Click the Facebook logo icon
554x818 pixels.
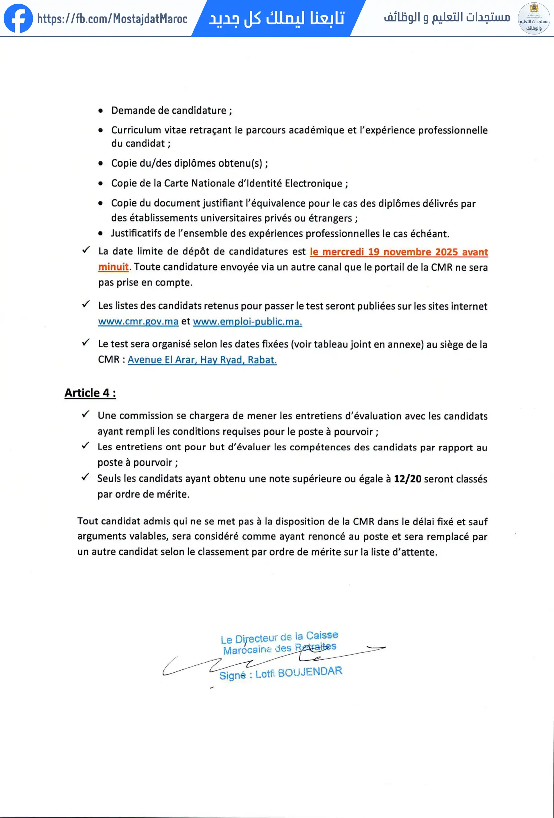pyautogui.click(x=18, y=18)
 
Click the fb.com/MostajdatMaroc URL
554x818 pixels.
pyautogui.click(x=112, y=18)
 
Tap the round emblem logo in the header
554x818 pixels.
pyautogui.click(x=533, y=18)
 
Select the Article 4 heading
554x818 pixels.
pyautogui.click(x=90, y=393)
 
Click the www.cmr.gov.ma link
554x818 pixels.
pyautogui.click(x=138, y=321)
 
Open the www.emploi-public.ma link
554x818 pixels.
pyautogui.click(x=247, y=321)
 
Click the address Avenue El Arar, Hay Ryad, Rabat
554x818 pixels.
pyautogui.click(x=202, y=360)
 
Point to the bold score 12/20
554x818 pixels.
pyautogui.click(x=407, y=479)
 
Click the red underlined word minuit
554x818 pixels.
pyautogui.click(x=113, y=267)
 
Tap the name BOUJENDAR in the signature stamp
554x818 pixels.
pyautogui.click(x=310, y=672)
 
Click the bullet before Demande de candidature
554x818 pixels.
pyautogui.click(x=101, y=111)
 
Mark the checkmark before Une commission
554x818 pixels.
pyautogui.click(x=85, y=414)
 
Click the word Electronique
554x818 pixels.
pyautogui.click(x=313, y=183)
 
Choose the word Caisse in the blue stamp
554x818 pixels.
pyautogui.click(x=322, y=635)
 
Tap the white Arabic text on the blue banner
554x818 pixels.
pyautogui.click(x=277, y=18)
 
